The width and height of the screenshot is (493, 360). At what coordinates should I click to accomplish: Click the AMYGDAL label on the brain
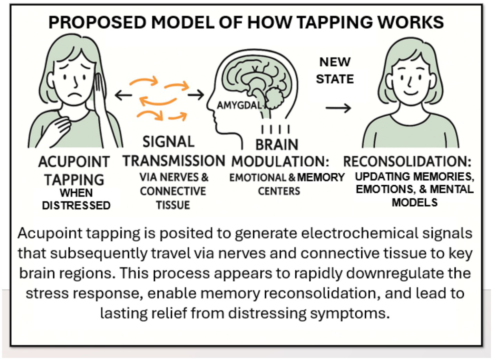coord(239,105)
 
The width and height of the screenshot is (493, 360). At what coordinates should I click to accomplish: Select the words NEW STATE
coord(335,70)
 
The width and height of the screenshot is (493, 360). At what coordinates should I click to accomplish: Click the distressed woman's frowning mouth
coord(73,94)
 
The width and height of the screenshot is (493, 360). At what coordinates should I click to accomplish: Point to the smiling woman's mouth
coord(411,93)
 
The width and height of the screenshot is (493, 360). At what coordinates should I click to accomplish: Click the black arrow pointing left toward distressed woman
coord(123,95)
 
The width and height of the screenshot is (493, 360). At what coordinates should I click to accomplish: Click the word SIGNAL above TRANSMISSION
coord(168,142)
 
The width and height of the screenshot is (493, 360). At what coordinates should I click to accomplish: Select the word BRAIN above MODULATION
coord(277,145)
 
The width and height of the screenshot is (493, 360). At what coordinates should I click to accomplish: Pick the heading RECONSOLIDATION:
coord(407,162)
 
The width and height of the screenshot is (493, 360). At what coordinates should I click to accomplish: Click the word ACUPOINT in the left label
coord(74,162)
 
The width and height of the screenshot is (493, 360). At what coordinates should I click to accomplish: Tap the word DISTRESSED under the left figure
coord(76,205)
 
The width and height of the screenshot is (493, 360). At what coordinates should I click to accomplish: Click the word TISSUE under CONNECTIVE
coord(173,205)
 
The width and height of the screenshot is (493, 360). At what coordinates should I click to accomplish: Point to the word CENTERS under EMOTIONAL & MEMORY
coord(279,191)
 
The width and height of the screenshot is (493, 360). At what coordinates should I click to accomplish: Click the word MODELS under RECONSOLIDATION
coord(414,202)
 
